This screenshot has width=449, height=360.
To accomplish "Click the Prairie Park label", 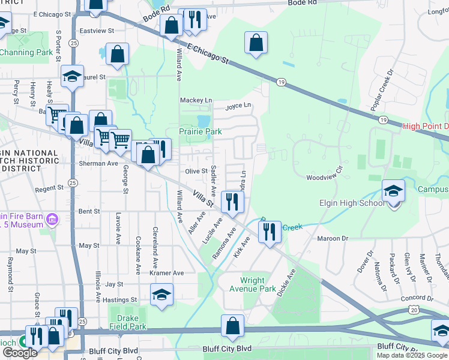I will coord(200,131).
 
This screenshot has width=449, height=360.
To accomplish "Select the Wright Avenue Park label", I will coord(261,284).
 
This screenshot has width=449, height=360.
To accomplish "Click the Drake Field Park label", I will coord(128,323).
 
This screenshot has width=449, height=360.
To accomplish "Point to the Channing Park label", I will coord(26,52).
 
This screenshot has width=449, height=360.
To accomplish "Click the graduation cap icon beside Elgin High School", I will coord(393,191).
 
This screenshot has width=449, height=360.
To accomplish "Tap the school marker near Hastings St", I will coord(161,295).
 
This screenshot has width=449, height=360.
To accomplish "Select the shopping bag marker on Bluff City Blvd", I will coord(233,327).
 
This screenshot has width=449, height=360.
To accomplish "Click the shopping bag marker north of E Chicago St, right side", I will coord(256,43).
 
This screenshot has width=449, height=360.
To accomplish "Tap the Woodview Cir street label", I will coord(324,178).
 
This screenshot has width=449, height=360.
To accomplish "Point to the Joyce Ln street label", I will coord(238,107).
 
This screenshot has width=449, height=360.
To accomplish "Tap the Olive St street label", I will coord(196,172).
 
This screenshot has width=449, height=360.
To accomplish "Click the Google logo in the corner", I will coord(20,353).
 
